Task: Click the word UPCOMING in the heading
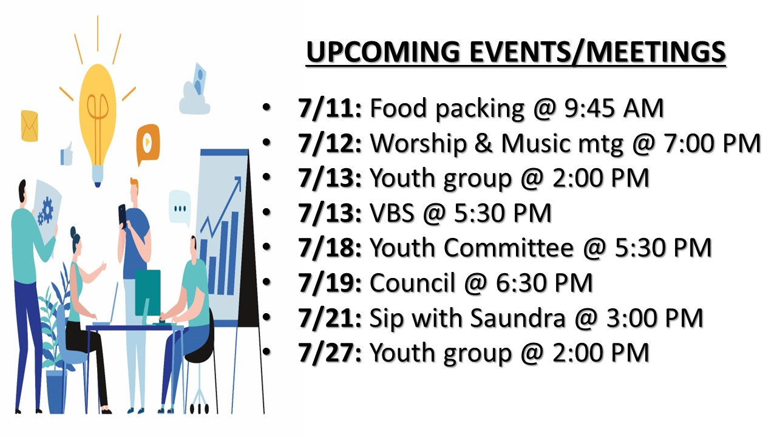[383, 52]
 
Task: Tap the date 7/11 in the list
[330, 108]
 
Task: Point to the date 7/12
[330, 143]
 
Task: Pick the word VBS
[392, 213]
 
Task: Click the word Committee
[509, 248]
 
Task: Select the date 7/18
[330, 248]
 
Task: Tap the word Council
[412, 283]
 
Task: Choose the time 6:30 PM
[545, 283]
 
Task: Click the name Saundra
[518, 318]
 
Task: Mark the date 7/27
[330, 353]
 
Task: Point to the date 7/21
[330, 318]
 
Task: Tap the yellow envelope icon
[30, 126]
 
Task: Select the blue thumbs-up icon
[67, 154]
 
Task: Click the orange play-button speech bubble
[148, 142]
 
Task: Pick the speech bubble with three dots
[180, 208]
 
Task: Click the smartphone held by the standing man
[123, 215]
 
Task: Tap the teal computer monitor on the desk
[148, 293]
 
